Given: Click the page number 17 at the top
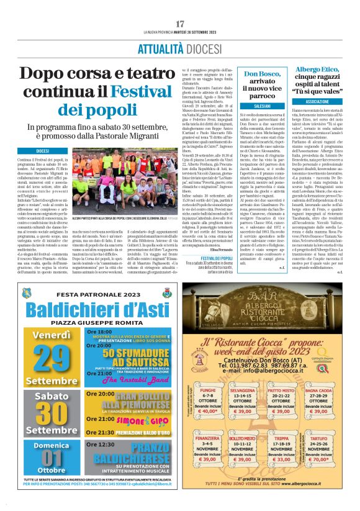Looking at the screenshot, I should (x=180, y=7).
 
